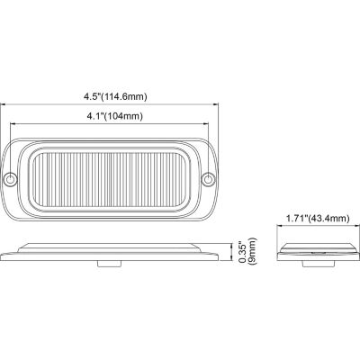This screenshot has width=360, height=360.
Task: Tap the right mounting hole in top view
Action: pos(211,178)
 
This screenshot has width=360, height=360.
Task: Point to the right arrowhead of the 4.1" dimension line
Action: pos(209,126)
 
